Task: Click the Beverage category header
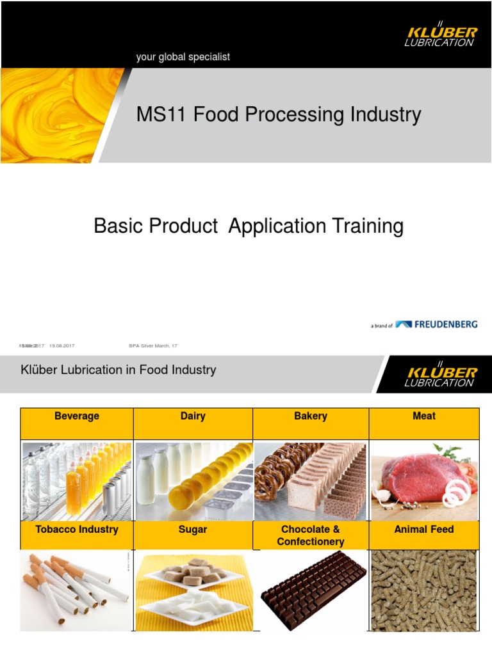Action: [x=77, y=416]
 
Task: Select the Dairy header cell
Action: [x=193, y=416]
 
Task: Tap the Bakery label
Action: [x=311, y=416]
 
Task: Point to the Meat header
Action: [x=424, y=416]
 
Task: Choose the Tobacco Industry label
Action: [x=77, y=530]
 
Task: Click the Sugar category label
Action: [x=193, y=530]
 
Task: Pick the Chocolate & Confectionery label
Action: [x=311, y=535]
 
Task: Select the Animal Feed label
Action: [x=424, y=530]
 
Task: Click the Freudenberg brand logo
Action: [x=436, y=324]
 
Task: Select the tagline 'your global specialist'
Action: [x=183, y=57]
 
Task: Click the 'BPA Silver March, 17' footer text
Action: [x=153, y=346]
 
